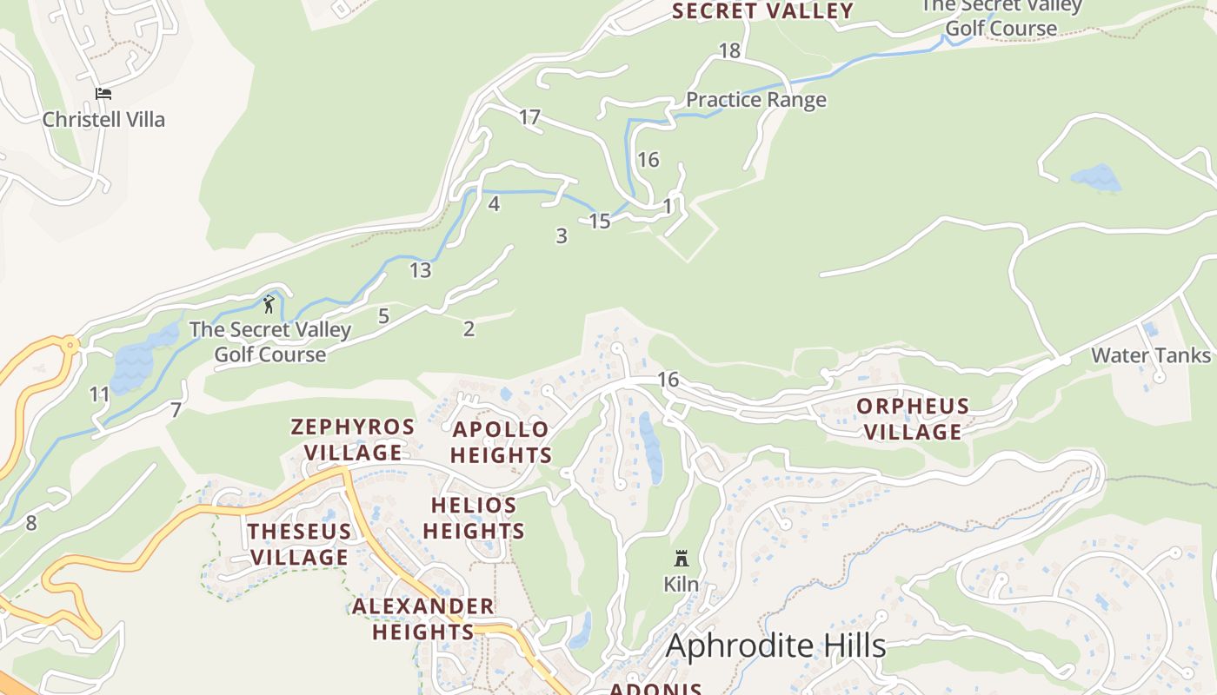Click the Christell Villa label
[x=103, y=119]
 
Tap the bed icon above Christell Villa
[x=103, y=94]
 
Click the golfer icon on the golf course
[x=269, y=304]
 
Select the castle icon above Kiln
[x=682, y=559]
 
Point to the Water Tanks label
[x=1150, y=355]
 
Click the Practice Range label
[x=755, y=100]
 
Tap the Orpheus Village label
[x=912, y=419]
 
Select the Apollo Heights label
[x=501, y=442]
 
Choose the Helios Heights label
[x=474, y=518]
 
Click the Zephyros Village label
[x=353, y=440]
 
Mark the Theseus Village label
[x=299, y=544]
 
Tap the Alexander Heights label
[x=423, y=619]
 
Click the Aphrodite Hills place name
[x=775, y=646]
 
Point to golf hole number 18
[x=729, y=51]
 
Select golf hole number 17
[x=530, y=117]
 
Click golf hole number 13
[x=420, y=270]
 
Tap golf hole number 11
[x=100, y=395]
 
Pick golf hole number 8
[x=31, y=523]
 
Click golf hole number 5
[x=383, y=316]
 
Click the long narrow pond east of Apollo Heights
[x=650, y=447]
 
